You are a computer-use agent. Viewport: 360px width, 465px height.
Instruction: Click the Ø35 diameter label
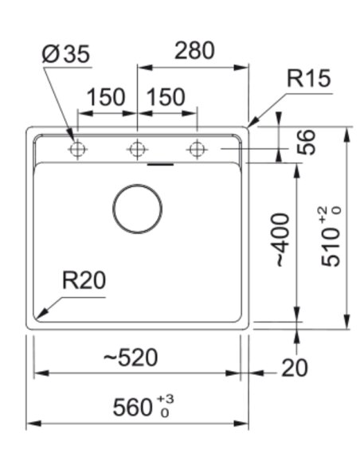[65, 54]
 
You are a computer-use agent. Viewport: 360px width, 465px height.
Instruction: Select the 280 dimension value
[194, 50]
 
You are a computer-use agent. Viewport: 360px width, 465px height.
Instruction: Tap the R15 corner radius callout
[308, 78]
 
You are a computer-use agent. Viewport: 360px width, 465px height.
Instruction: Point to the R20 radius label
[84, 280]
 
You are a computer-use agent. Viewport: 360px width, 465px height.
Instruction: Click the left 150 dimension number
[106, 97]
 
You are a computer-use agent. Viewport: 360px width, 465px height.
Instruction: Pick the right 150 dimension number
[166, 97]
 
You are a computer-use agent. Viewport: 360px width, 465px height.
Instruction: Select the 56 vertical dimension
[306, 142]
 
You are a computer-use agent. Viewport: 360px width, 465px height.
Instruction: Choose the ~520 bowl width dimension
[131, 358]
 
